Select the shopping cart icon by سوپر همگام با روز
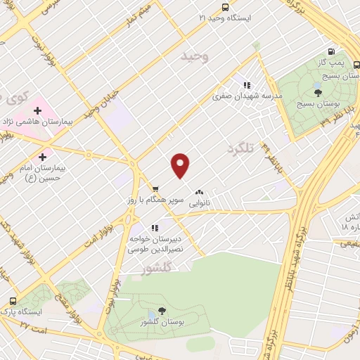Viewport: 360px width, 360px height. coord(155,188)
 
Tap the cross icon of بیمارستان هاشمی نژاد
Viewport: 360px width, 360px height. coord(37,110)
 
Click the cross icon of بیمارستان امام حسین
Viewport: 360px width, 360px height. coord(44,157)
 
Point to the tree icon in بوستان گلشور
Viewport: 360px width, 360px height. coord(162,311)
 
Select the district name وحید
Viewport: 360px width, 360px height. coord(195,56)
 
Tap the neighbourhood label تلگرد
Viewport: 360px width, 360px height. coord(240,149)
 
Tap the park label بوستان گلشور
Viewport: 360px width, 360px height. coord(162,323)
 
